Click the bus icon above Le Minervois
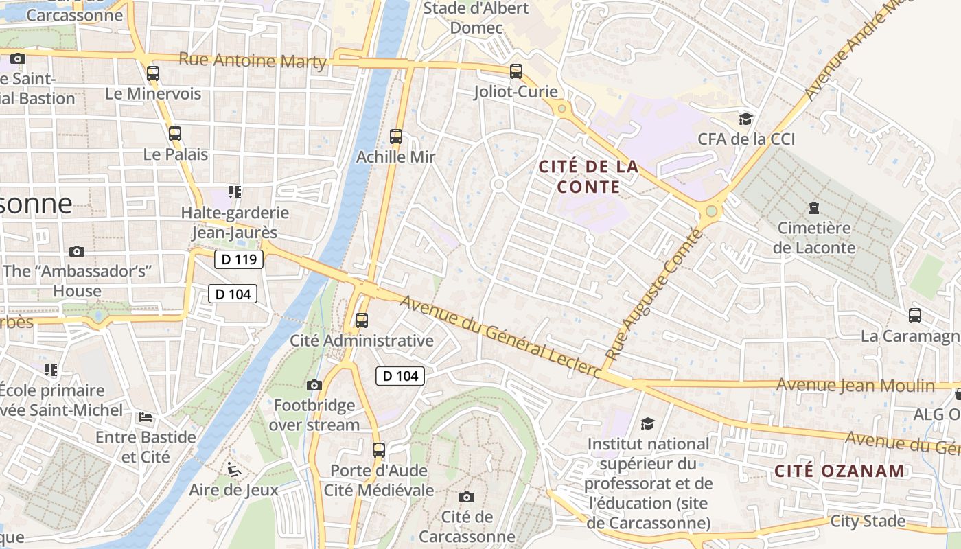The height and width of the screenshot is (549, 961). pos(153,73)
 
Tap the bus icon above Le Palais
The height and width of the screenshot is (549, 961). pos(175,134)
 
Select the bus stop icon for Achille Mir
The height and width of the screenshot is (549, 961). pos(396,137)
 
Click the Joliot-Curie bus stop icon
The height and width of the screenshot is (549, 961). pos(516,71)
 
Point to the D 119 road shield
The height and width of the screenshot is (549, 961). pos(239,259)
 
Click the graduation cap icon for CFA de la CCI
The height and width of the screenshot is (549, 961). pos(745,119)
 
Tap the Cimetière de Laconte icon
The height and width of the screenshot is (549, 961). pos(814,207)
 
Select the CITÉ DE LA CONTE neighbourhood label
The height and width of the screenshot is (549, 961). pos(589,176)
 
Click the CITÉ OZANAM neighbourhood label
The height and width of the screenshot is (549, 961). pos(840,471)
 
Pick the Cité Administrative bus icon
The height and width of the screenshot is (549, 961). pos(362,320)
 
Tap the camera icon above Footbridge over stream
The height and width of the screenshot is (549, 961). pos(314,385)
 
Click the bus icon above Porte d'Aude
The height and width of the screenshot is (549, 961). pos(379,450)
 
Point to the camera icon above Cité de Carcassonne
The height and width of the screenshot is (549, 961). pos(467,497)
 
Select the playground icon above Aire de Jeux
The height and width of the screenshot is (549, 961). pos(234,469)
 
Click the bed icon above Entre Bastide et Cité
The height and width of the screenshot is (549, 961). pos(146,417)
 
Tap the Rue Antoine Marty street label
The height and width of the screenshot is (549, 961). pos(253,60)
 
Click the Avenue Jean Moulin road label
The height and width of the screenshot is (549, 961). pos(855,386)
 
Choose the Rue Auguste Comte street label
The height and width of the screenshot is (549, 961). pos(655,295)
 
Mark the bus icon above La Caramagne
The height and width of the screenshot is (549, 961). pos(915,316)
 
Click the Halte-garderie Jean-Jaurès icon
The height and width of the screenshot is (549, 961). pos(235,192)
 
